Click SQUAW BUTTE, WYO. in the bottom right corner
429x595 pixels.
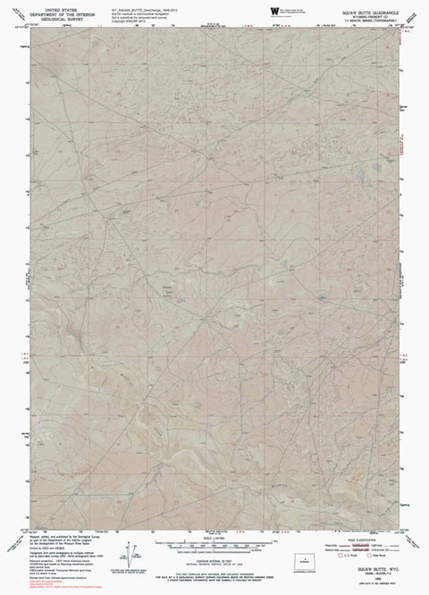point(359,573)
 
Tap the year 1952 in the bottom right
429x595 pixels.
point(359,581)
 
